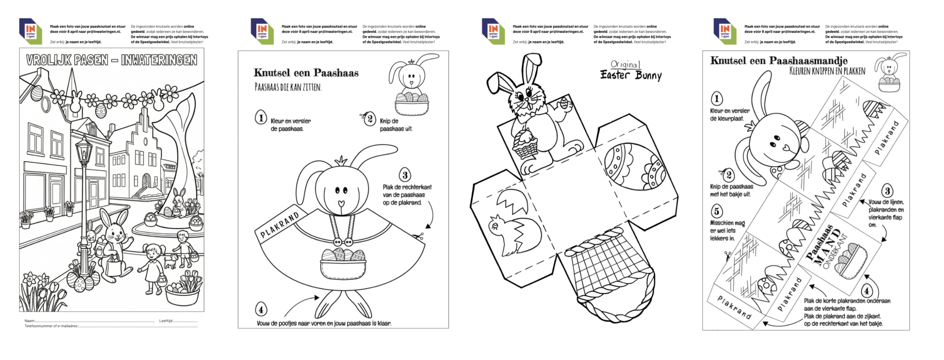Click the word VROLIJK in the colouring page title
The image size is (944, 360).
point(49,60)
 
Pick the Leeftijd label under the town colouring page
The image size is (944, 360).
point(166,321)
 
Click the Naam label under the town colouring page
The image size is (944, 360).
point(30,321)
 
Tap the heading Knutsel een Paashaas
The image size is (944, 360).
point(306,73)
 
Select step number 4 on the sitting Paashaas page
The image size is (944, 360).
point(261,309)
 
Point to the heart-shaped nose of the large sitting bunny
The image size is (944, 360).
point(341,203)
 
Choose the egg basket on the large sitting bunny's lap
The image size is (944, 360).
point(343,263)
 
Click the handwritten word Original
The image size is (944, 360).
point(625,64)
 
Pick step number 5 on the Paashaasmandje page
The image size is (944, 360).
point(716,211)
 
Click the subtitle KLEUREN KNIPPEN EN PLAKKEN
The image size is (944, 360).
point(827,71)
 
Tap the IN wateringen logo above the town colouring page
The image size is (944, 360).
point(31,31)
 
